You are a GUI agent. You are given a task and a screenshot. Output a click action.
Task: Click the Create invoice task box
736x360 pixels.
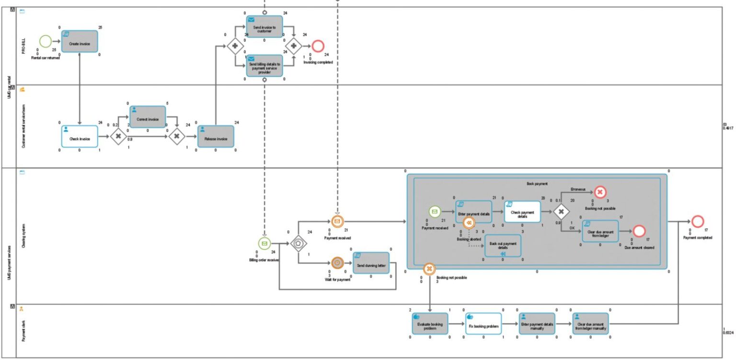pos(80,41)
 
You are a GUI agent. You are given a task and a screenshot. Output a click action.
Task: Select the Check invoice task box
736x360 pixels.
pos(80,136)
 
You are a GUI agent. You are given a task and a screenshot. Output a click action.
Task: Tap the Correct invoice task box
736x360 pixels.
pos(148,117)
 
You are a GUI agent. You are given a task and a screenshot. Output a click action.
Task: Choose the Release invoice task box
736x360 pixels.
pos(216,136)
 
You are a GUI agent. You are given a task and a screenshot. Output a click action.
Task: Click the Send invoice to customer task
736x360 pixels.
pos(264,27)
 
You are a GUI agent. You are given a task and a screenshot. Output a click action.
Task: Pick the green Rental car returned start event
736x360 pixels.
pos(45,41)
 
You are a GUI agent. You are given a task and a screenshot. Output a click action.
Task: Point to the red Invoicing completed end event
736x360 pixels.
pos(318,46)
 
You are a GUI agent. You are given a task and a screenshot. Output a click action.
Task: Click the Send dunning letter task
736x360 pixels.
pos(371,263)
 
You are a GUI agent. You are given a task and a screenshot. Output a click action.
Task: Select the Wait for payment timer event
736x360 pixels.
pos(337,263)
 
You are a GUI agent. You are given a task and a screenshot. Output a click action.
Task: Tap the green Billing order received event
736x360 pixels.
pos(264,243)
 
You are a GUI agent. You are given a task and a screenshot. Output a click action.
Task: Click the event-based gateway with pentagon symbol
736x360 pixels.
pos(298,243)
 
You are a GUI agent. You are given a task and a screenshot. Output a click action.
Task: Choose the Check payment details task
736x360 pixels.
pos(522,211)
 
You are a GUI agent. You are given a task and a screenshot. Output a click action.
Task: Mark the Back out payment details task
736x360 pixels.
pos(503,245)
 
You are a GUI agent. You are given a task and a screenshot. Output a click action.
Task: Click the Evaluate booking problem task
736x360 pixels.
pos(430,324)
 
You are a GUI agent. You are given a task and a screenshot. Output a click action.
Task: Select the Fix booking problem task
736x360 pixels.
pos(483,324)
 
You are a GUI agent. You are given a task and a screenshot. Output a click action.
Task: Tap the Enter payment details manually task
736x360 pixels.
pos(537,324)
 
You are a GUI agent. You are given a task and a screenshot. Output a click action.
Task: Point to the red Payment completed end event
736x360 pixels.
pos(698,221)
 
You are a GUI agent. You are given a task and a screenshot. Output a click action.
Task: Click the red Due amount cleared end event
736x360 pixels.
pos(639,231)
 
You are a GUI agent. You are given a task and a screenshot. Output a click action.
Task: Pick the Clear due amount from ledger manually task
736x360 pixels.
pos(590,324)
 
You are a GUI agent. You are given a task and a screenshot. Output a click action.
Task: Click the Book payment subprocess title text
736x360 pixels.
pos(537,184)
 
